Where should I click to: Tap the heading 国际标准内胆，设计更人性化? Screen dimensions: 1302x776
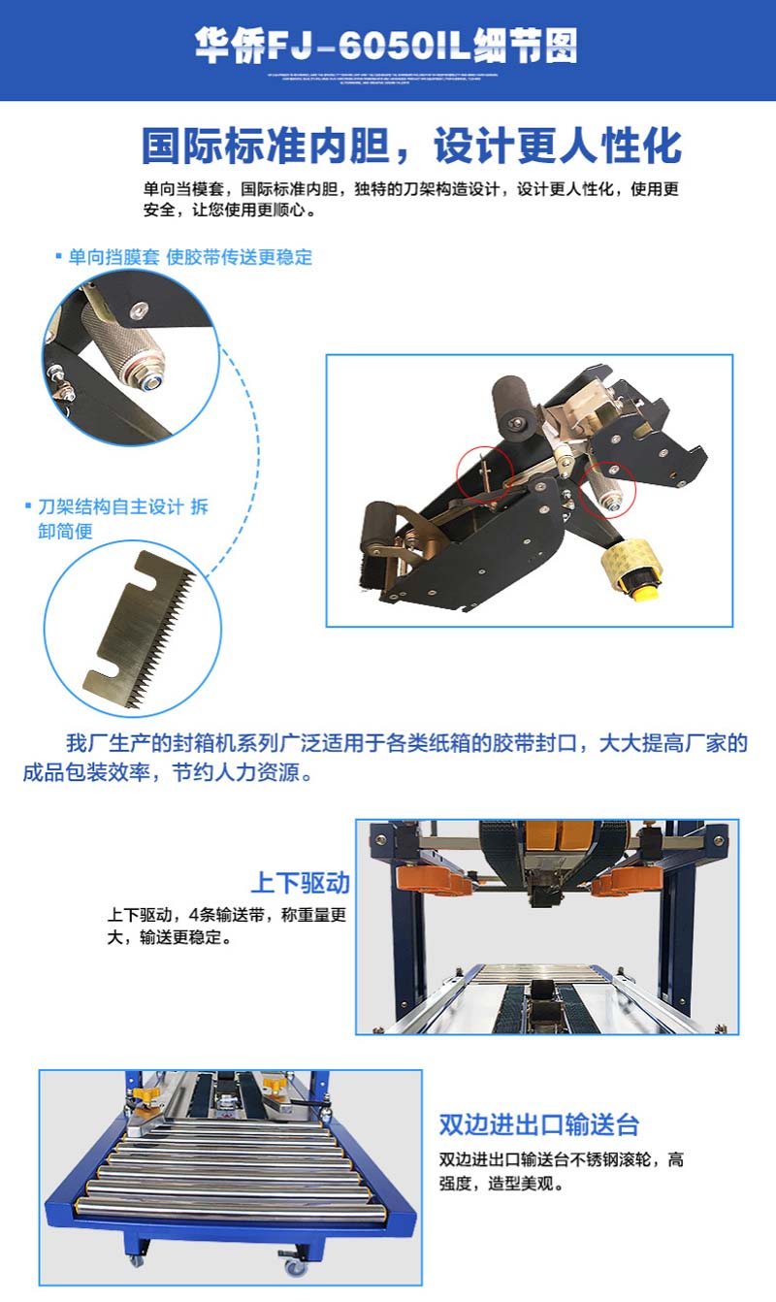(411, 146)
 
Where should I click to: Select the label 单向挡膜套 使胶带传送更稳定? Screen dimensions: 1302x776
(190, 257)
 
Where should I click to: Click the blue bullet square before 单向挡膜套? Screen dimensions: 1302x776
(58, 257)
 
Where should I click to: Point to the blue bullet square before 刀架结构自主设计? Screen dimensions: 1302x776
(29, 506)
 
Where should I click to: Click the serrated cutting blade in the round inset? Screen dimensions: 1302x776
(141, 626)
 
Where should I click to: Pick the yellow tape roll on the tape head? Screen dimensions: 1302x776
(635, 567)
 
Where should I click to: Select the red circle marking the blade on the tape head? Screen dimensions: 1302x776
(484, 472)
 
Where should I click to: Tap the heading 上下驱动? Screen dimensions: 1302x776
(300, 883)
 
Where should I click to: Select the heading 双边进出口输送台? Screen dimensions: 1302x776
(539, 1124)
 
